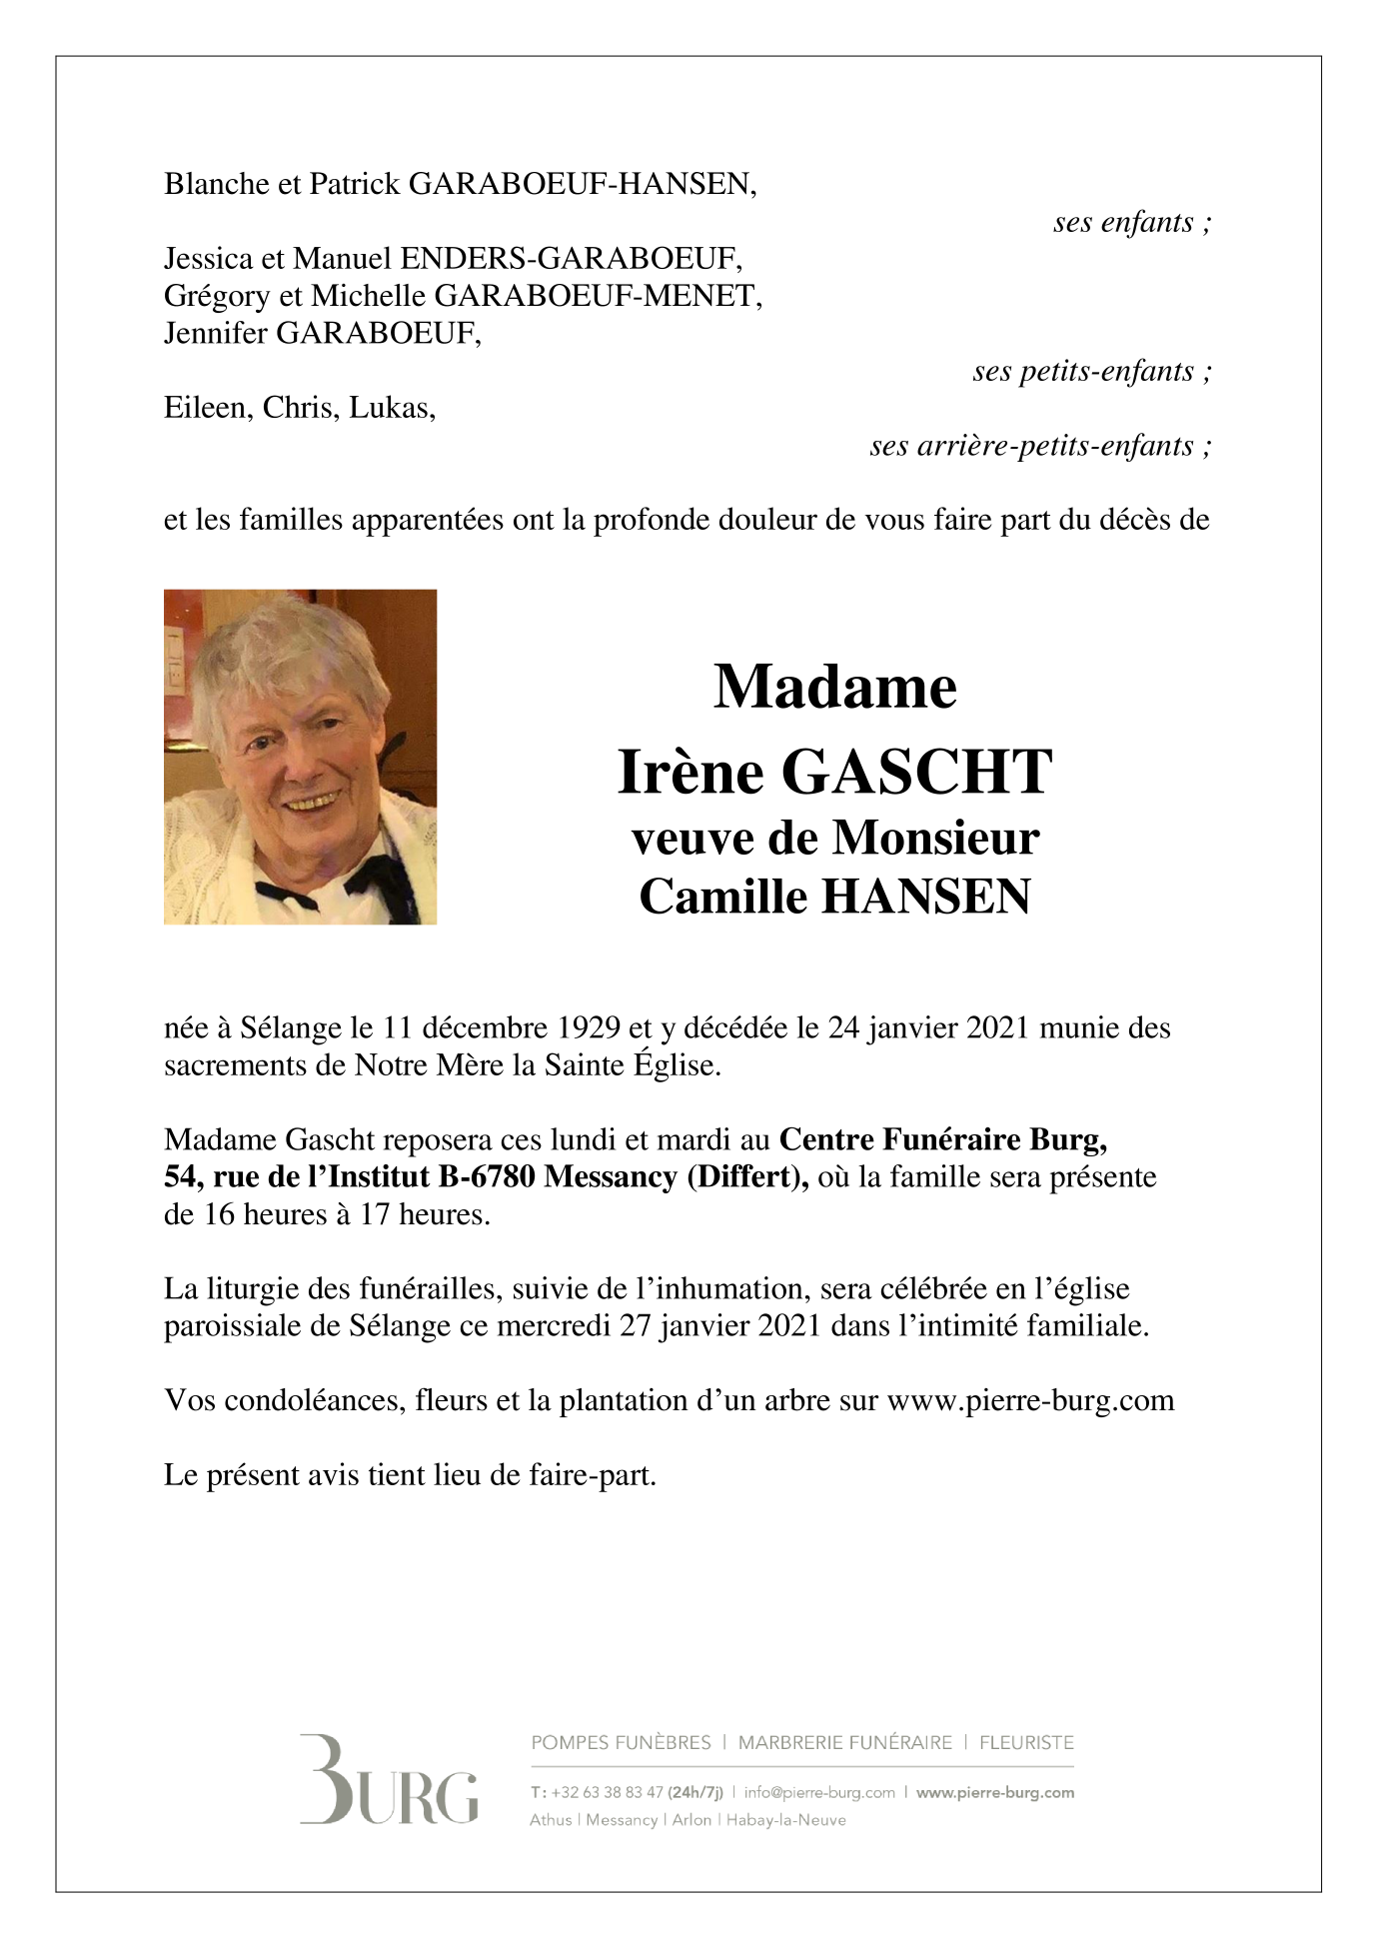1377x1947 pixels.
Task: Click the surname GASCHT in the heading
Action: pos(916,773)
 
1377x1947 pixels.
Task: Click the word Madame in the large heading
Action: pos(835,688)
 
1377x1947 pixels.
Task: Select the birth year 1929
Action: pos(588,1027)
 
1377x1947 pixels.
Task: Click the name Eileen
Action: pos(207,408)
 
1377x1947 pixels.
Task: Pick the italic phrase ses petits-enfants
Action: pos(1091,371)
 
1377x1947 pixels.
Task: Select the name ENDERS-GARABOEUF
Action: pos(571,259)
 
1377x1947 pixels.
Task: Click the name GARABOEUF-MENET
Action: pos(598,296)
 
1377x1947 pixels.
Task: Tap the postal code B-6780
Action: pos(487,1177)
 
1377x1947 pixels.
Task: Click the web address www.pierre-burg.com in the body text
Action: pos(1030,1400)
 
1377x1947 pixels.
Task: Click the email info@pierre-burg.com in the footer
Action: pos(819,1792)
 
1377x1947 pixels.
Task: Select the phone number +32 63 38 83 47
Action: pos(607,1792)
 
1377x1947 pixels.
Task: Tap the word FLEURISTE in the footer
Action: pos(1026,1742)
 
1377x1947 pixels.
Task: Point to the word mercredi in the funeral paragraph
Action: pos(554,1326)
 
